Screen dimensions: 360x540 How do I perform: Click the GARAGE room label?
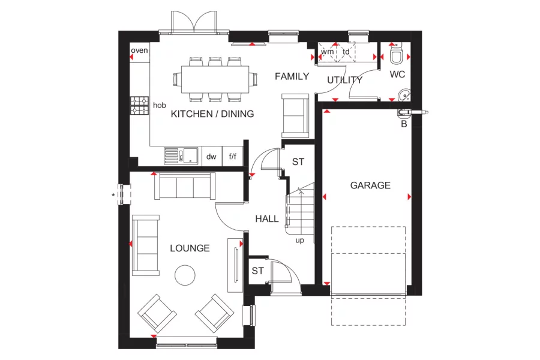coord(370,185)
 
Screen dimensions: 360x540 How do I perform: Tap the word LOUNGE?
coord(190,248)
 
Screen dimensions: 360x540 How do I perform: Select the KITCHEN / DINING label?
coord(212,114)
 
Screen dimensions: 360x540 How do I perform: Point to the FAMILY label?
coord(292,76)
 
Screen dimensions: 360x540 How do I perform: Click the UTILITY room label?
coord(344,80)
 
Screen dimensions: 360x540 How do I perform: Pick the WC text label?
coord(398,75)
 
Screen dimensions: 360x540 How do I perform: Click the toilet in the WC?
coord(396,56)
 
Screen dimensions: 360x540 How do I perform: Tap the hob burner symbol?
coord(140,106)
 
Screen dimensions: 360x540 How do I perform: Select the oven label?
coord(139,50)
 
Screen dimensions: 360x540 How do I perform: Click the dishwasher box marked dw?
coord(211,157)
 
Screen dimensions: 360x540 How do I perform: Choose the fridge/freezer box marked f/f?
coord(233,157)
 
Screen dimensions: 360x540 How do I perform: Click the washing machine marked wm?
coord(327,52)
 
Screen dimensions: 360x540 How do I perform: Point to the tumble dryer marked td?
coord(346,52)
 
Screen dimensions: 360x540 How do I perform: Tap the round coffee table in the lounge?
coord(184,276)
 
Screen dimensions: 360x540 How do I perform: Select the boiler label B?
coord(403,124)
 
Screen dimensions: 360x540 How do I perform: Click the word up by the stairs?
coord(299,241)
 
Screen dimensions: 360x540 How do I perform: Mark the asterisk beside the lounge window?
coord(113,195)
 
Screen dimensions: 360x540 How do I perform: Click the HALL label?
coord(267,219)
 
